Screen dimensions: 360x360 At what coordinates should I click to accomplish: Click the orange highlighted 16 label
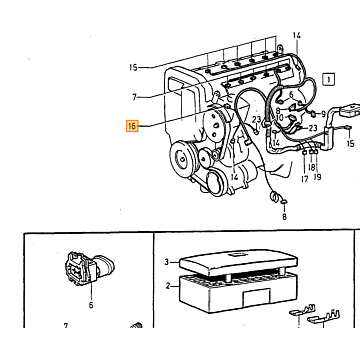[132, 126]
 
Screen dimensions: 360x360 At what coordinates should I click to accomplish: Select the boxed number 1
[329, 79]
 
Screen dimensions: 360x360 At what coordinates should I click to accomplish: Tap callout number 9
[323, 114]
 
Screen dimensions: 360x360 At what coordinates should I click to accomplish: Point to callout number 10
[280, 117]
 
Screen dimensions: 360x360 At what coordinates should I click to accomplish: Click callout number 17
[305, 179]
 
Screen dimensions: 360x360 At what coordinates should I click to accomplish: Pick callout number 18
[311, 167]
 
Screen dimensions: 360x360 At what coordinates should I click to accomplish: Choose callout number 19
[317, 177]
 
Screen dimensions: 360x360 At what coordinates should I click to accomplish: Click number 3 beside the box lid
[167, 262]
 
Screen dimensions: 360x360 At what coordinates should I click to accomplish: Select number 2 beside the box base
[168, 286]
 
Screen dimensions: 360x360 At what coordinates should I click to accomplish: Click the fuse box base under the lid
[238, 292]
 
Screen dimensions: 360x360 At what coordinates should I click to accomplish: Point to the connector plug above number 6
[89, 269]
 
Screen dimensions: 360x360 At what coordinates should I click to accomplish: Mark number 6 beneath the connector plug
[91, 305]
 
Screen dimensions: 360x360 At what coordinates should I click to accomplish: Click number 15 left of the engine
[133, 67]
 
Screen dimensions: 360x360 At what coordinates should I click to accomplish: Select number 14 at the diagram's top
[297, 35]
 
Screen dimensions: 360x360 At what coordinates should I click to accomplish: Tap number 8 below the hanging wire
[284, 217]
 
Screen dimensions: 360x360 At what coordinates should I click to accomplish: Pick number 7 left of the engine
[134, 97]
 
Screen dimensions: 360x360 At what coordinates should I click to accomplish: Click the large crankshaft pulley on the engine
[183, 158]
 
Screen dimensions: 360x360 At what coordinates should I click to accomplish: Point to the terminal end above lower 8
[284, 201]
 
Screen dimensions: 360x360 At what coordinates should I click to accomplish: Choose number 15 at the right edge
[350, 143]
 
